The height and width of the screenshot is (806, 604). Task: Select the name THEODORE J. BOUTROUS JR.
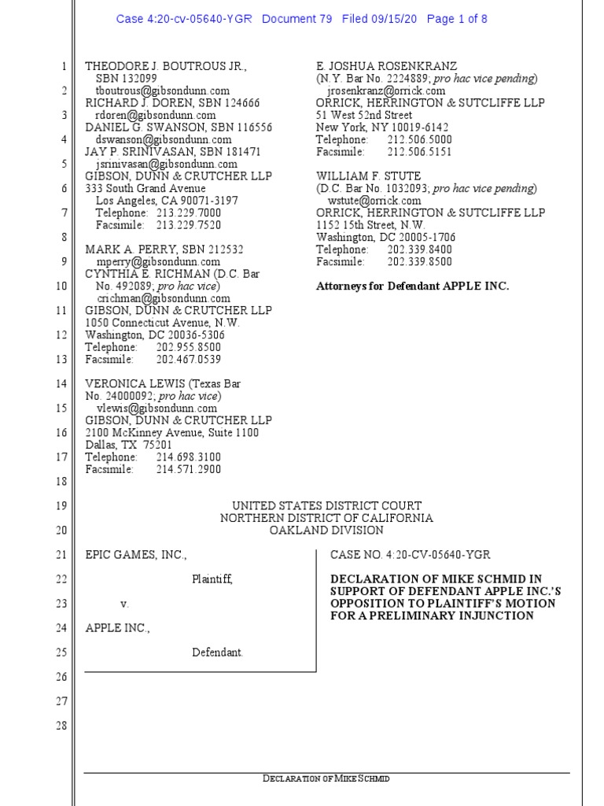(x=165, y=67)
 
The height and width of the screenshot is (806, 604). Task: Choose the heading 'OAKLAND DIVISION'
(x=326, y=530)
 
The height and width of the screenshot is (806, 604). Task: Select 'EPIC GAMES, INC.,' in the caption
(x=136, y=555)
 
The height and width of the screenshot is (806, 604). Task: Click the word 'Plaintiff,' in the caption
(x=212, y=579)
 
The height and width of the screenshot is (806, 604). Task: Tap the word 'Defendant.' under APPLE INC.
(x=218, y=652)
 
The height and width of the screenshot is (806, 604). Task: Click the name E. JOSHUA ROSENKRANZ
(x=386, y=67)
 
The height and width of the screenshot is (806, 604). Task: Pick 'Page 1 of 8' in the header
(x=457, y=19)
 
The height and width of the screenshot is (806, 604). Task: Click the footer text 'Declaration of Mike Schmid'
(x=326, y=778)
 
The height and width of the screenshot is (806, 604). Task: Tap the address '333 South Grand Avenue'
(x=145, y=188)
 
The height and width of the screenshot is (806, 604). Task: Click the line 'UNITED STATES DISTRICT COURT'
(x=326, y=505)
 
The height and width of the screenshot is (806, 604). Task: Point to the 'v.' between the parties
(x=124, y=604)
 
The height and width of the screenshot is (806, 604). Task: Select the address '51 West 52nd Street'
(x=364, y=115)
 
